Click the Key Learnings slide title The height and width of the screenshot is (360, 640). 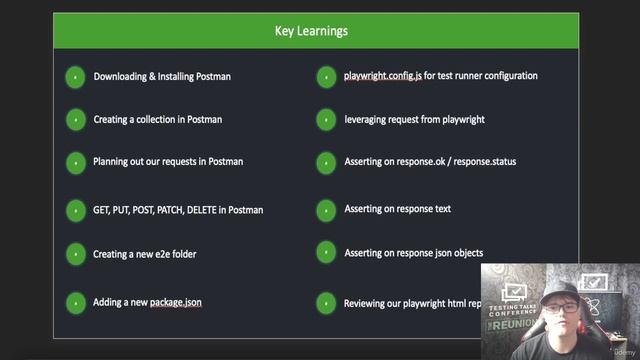(311, 31)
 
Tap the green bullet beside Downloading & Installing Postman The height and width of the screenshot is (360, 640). (75, 77)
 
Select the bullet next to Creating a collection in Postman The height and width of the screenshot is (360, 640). (75, 120)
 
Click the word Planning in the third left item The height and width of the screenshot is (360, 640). (111, 161)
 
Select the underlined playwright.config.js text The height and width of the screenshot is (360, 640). (385, 75)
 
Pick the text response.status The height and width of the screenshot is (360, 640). (482, 161)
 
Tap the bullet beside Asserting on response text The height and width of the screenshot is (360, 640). (326, 210)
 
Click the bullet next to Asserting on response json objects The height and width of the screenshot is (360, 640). (326, 254)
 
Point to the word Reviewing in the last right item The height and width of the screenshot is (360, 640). (366, 303)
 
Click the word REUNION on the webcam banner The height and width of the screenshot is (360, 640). (514, 326)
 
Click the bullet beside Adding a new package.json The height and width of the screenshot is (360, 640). (75, 302)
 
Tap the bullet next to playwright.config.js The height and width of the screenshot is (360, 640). (326, 76)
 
